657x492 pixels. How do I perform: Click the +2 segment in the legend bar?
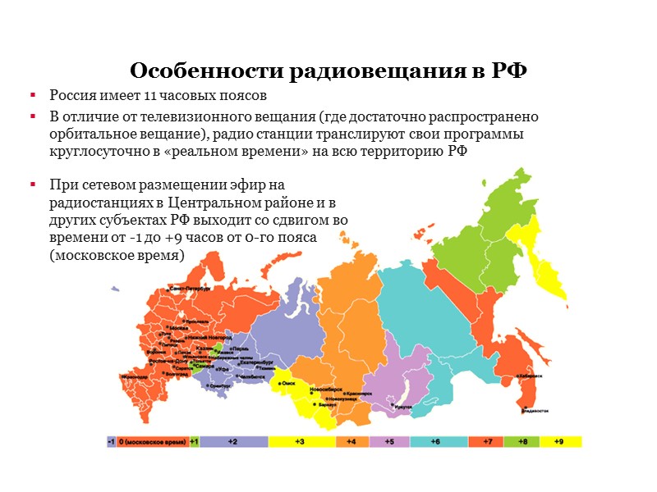(x=233, y=441)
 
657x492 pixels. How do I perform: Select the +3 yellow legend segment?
(x=301, y=441)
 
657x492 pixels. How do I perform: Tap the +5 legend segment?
(x=390, y=441)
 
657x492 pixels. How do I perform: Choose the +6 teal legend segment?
(x=437, y=441)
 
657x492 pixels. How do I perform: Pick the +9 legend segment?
(x=558, y=441)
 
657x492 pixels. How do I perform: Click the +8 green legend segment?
(x=522, y=441)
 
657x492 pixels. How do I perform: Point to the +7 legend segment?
(x=486, y=441)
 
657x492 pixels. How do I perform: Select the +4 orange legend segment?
(x=351, y=441)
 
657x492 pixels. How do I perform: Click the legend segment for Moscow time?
(x=151, y=441)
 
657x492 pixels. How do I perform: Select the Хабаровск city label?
(x=530, y=376)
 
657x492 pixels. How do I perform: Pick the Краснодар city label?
(x=136, y=377)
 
